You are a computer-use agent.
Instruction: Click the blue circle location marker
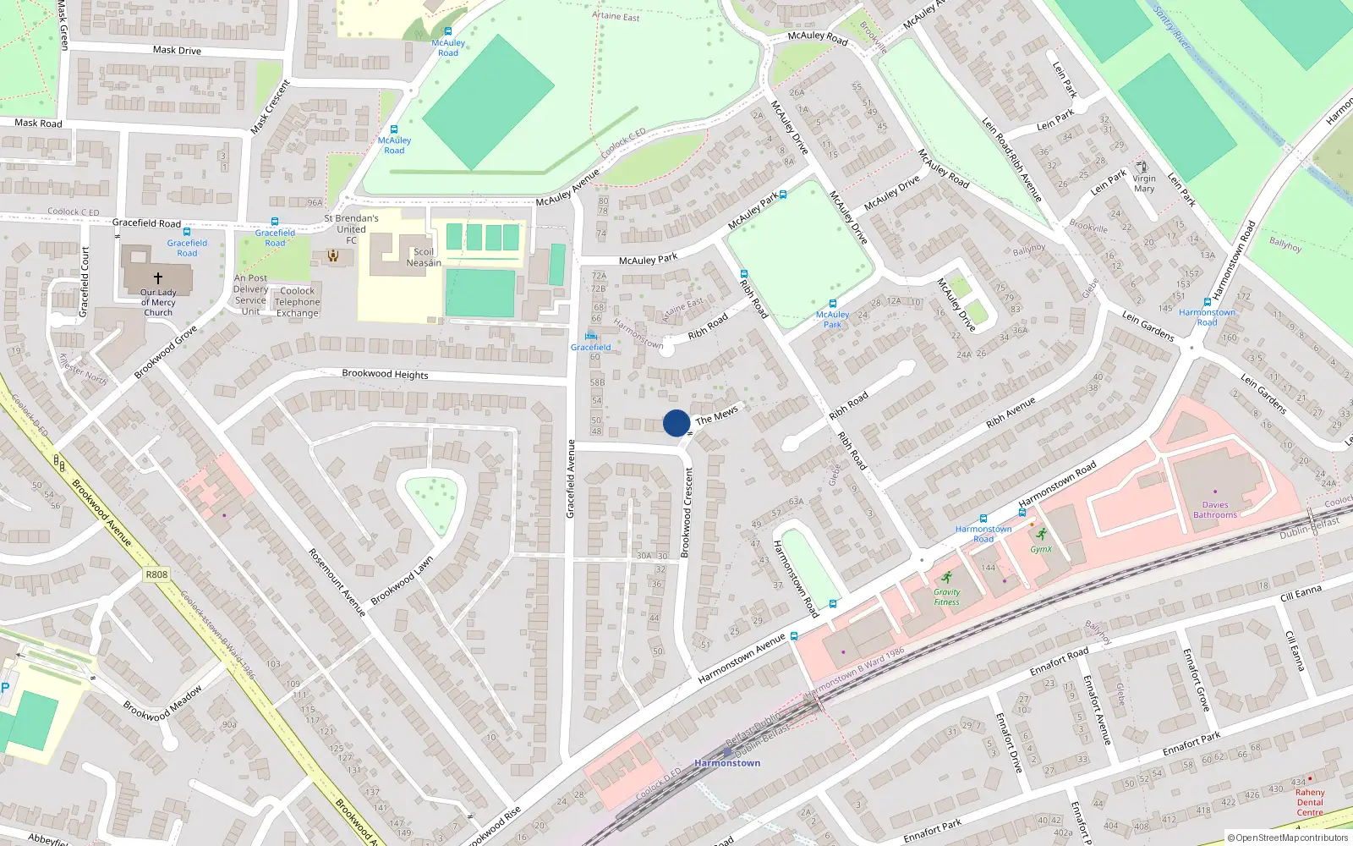click(676, 423)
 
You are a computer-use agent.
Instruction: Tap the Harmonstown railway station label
click(727, 763)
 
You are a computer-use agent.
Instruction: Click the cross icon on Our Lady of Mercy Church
click(158, 277)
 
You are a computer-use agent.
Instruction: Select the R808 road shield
click(156, 574)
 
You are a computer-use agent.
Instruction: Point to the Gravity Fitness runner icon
click(946, 577)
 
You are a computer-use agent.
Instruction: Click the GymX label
click(1041, 549)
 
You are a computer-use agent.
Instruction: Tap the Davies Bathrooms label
click(1215, 509)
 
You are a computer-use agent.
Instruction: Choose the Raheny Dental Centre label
click(1310, 802)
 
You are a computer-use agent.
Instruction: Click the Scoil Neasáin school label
click(424, 257)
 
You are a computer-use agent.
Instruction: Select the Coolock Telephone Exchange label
click(298, 302)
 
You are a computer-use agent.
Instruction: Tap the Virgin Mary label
click(1144, 184)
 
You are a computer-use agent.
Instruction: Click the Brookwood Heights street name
click(385, 374)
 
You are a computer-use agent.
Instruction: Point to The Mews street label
click(716, 415)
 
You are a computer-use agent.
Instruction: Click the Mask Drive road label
click(177, 51)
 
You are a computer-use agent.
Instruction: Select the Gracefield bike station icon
click(590, 337)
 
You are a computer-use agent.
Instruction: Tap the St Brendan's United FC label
click(351, 228)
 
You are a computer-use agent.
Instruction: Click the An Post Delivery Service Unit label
click(250, 294)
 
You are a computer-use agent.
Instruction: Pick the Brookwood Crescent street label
click(687, 512)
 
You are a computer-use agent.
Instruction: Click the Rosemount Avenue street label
click(337, 581)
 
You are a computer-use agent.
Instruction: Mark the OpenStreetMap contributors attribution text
click(1289, 838)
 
